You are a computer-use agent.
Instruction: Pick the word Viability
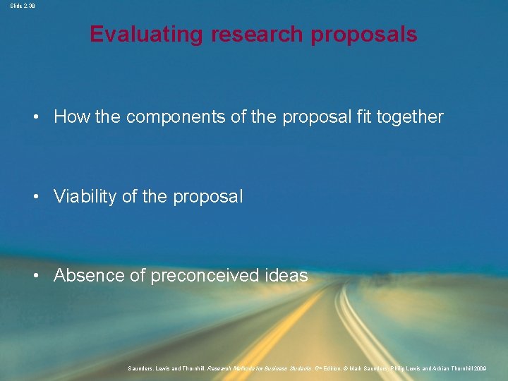pos(85,196)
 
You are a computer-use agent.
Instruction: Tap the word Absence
pos(90,275)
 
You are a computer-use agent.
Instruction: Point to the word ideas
pos(286,275)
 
